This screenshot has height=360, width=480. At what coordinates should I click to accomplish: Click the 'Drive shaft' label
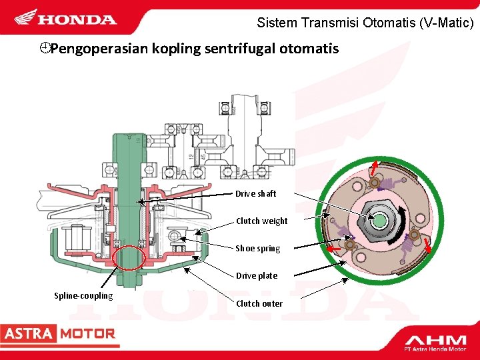click(255, 193)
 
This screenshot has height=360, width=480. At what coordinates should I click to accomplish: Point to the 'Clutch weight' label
click(261, 221)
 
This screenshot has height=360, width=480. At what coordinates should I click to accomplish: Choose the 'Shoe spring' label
click(257, 248)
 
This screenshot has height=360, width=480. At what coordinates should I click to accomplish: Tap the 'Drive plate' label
click(256, 275)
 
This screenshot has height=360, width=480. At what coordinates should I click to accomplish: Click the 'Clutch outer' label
click(259, 303)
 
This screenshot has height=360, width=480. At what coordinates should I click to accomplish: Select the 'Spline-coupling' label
click(83, 295)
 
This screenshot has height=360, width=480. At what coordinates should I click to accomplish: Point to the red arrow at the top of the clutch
click(375, 165)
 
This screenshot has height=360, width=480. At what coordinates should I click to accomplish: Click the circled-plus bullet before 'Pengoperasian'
click(44, 49)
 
